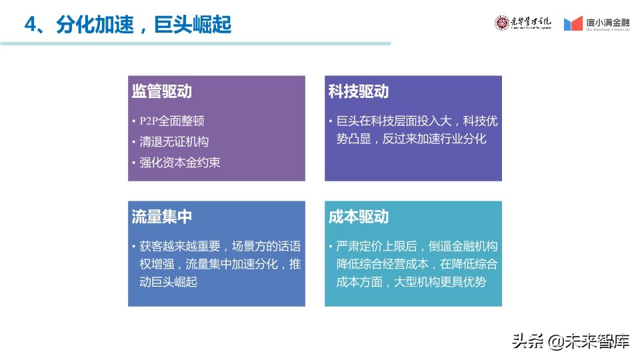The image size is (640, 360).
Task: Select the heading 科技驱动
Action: [x=358, y=92]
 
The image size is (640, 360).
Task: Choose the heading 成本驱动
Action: [x=358, y=217]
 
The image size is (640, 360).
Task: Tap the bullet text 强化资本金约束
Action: [x=180, y=162]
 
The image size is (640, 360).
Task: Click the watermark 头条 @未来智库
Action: [x=570, y=342]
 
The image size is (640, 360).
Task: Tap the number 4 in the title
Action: [x=29, y=25]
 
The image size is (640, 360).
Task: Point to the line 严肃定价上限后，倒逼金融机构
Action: [x=417, y=246]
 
